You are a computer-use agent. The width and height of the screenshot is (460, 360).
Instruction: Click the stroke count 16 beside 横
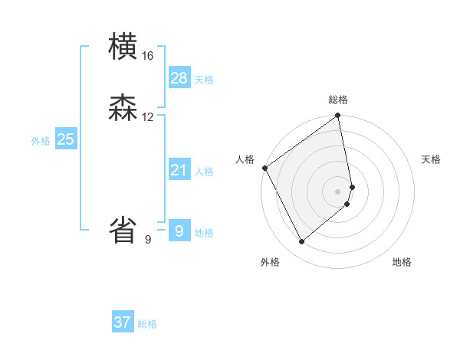coord(148,56)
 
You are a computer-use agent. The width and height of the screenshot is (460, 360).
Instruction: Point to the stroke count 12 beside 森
coord(148,117)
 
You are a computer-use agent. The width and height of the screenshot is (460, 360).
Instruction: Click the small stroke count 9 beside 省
coord(148,240)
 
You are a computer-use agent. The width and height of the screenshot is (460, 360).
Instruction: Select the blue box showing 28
coord(179,77)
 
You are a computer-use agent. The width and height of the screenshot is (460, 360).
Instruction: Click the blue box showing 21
coord(179,169)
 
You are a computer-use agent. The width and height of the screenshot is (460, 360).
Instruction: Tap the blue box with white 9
coord(179,230)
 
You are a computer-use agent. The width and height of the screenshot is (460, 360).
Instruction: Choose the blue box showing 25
coord(66,139)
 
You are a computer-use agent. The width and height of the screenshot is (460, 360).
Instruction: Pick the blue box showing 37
coord(123,322)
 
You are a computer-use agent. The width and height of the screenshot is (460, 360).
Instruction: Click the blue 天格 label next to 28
coord(204,80)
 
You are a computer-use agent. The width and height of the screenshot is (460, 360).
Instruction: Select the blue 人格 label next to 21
coord(204,172)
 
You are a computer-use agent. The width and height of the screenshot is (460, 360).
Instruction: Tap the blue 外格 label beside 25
coord(41,141)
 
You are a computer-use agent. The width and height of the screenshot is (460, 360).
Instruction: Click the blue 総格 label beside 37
coord(147,325)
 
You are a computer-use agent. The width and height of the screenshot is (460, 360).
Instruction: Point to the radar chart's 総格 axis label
coord(338,100)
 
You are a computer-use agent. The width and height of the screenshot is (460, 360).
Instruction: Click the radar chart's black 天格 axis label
coord(432,159)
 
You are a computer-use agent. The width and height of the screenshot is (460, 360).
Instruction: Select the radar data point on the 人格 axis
coord(264,168)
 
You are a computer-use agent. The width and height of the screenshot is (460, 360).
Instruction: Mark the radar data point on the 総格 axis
coord(338,116)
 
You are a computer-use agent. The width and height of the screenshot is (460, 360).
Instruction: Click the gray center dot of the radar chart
coord(338,191)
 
